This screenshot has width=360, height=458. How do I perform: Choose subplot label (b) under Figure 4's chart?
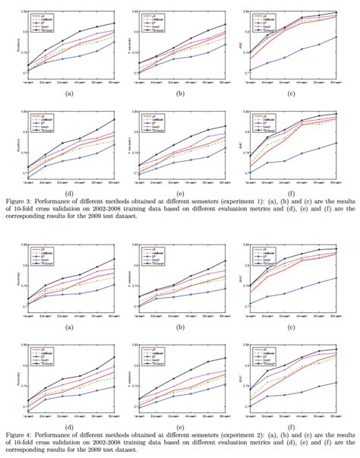pos(182,327)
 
